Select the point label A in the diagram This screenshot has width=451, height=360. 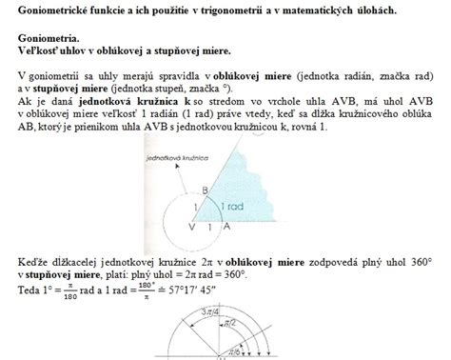click(x=226, y=229)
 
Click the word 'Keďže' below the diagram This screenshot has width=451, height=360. click(x=33, y=259)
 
